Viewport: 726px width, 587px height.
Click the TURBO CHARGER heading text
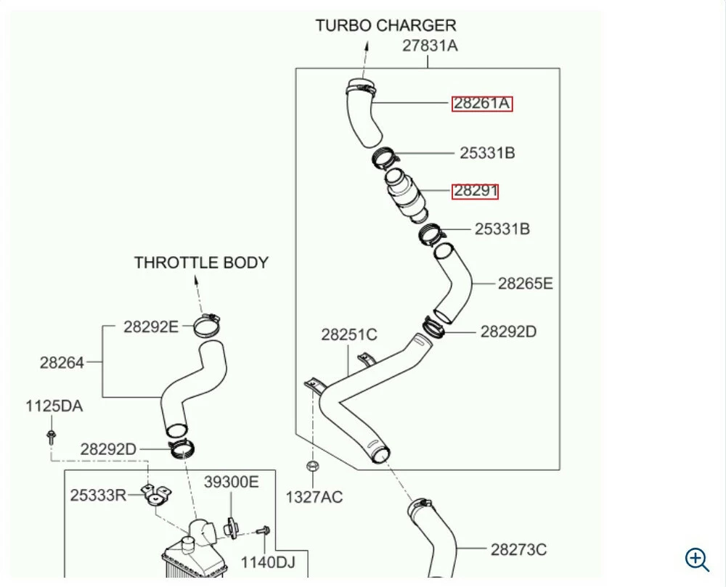[386, 25]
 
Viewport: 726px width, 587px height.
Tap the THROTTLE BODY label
[201, 262]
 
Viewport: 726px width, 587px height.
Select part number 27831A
[430, 46]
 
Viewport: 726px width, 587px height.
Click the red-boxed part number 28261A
[482, 103]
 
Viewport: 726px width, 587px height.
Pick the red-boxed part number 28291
[475, 191]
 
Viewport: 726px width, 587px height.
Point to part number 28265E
[526, 283]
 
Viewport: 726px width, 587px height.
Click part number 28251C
[349, 334]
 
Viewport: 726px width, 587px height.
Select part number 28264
[62, 363]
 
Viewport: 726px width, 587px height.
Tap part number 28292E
[151, 327]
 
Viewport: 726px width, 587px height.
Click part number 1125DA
[54, 406]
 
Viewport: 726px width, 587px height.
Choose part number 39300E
[232, 482]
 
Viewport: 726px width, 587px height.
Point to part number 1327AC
[314, 497]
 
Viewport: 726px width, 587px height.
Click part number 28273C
[518, 549]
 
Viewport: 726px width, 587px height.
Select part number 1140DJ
[268, 562]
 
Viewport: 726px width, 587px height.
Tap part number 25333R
[98, 496]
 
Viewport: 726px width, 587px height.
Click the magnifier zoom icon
[697, 559]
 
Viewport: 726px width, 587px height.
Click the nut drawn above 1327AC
[312, 466]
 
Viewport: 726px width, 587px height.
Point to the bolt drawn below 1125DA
[51, 437]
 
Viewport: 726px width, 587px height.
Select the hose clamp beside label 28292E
[207, 325]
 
